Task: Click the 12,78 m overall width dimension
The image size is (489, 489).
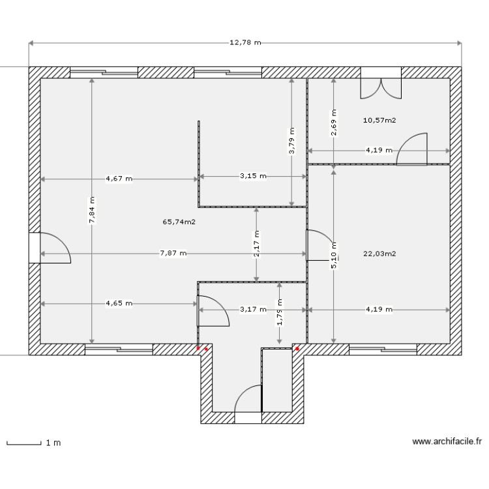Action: pos(245,43)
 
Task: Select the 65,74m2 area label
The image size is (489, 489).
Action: pos(179,222)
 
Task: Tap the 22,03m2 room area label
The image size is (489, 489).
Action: pos(381,254)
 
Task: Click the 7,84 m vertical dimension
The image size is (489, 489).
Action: pos(92,210)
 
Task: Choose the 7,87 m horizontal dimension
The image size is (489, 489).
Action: pos(173,254)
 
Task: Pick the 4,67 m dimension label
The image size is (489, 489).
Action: pos(119,178)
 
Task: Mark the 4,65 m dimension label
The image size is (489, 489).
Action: pos(119,303)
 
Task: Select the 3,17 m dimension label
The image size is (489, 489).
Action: pos(253,310)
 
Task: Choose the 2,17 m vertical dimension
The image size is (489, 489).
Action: pos(256,244)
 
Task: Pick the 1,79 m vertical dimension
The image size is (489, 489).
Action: pos(279,313)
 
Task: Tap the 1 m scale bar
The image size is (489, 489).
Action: pos(33,443)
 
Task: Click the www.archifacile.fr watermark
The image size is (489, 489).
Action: pos(447,441)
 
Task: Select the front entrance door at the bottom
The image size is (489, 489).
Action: pos(248,402)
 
